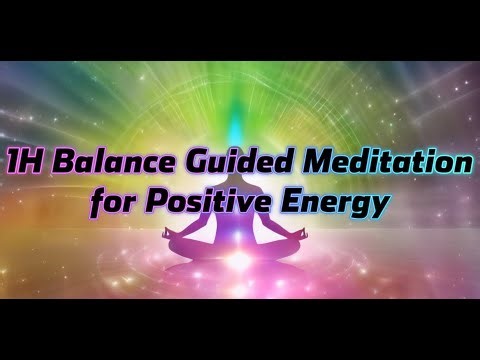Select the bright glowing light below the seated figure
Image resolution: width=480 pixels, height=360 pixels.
pos(240,262)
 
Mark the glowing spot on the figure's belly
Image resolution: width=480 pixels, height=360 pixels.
pos(240,226)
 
